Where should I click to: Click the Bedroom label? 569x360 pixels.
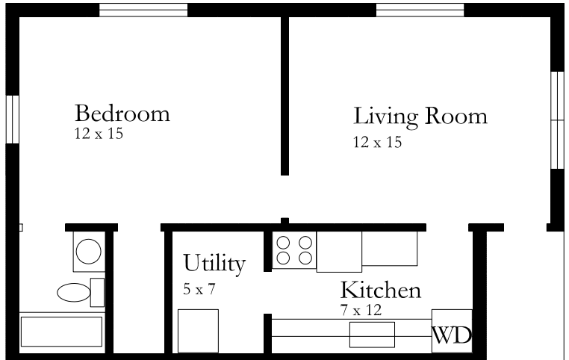pos(122,114)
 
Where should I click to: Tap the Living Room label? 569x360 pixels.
pos(420,117)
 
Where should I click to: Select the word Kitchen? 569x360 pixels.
pos(381,290)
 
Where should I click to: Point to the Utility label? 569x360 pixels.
pos(214,264)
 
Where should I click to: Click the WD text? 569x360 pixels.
pos(452,335)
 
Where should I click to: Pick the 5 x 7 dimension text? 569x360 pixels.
pos(199,289)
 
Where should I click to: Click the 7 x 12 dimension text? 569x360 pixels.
pos(361,310)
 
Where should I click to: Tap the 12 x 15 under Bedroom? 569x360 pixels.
pos(99,134)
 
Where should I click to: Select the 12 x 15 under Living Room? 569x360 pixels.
pos(377,142)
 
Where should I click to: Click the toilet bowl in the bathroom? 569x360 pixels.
pos(74,293)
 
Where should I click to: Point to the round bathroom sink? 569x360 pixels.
pos(89,252)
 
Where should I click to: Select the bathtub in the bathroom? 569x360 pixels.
pos(62,332)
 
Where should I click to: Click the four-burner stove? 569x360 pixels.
pos(294,250)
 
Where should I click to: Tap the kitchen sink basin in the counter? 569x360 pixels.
pos(372,335)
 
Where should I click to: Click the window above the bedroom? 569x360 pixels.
pos(143,10)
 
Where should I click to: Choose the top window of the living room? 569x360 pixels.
pos(420,10)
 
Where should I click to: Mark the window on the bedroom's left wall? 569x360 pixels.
pos(13,120)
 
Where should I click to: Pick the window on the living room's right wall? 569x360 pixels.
pos(557,120)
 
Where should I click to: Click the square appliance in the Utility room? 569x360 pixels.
pos(198,331)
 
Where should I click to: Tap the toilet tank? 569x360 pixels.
pos(97,293)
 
